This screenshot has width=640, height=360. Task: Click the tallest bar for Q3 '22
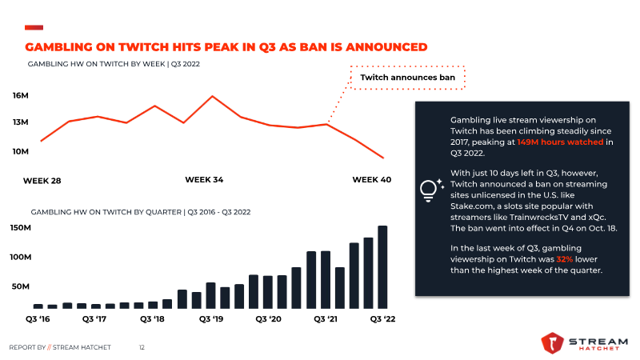[382, 267]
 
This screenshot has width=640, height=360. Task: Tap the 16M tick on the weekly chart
[21, 95]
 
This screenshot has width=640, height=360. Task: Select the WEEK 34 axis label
[204, 179]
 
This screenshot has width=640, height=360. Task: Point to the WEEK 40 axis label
[372, 179]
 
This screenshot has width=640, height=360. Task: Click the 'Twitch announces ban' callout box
[407, 77]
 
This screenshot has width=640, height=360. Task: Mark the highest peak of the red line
[212, 96]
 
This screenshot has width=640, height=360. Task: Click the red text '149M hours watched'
[560, 142]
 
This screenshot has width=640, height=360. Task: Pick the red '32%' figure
[565, 259]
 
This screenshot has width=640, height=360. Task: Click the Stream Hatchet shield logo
[552, 342]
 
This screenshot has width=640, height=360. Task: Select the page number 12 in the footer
[142, 347]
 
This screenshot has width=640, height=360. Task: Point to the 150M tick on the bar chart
[21, 228]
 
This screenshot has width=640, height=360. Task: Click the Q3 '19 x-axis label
[211, 318]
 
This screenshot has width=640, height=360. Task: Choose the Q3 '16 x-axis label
[38, 318]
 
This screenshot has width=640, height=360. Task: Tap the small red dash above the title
[34, 27]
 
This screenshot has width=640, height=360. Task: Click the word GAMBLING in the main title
[59, 47]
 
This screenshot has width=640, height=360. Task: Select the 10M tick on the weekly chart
[21, 151]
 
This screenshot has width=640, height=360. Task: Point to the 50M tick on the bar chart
[21, 286]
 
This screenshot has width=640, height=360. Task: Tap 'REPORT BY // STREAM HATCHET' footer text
[60, 347]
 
